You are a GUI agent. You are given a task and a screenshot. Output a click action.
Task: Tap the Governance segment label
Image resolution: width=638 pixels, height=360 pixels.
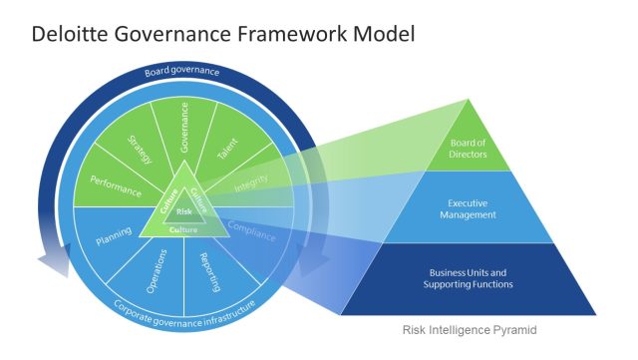184,127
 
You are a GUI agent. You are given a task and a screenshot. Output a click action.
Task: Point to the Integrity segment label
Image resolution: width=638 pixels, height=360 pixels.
250,184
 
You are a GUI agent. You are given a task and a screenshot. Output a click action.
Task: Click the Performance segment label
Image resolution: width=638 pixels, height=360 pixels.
115,186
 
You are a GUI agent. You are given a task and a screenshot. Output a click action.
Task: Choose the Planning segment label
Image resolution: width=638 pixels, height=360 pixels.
114,239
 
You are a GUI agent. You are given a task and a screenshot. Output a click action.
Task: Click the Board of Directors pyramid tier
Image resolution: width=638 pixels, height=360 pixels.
469,147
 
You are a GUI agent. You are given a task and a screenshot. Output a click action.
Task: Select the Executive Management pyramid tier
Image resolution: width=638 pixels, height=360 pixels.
469,207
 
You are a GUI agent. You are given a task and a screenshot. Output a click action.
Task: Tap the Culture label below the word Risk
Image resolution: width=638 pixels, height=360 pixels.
183,229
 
